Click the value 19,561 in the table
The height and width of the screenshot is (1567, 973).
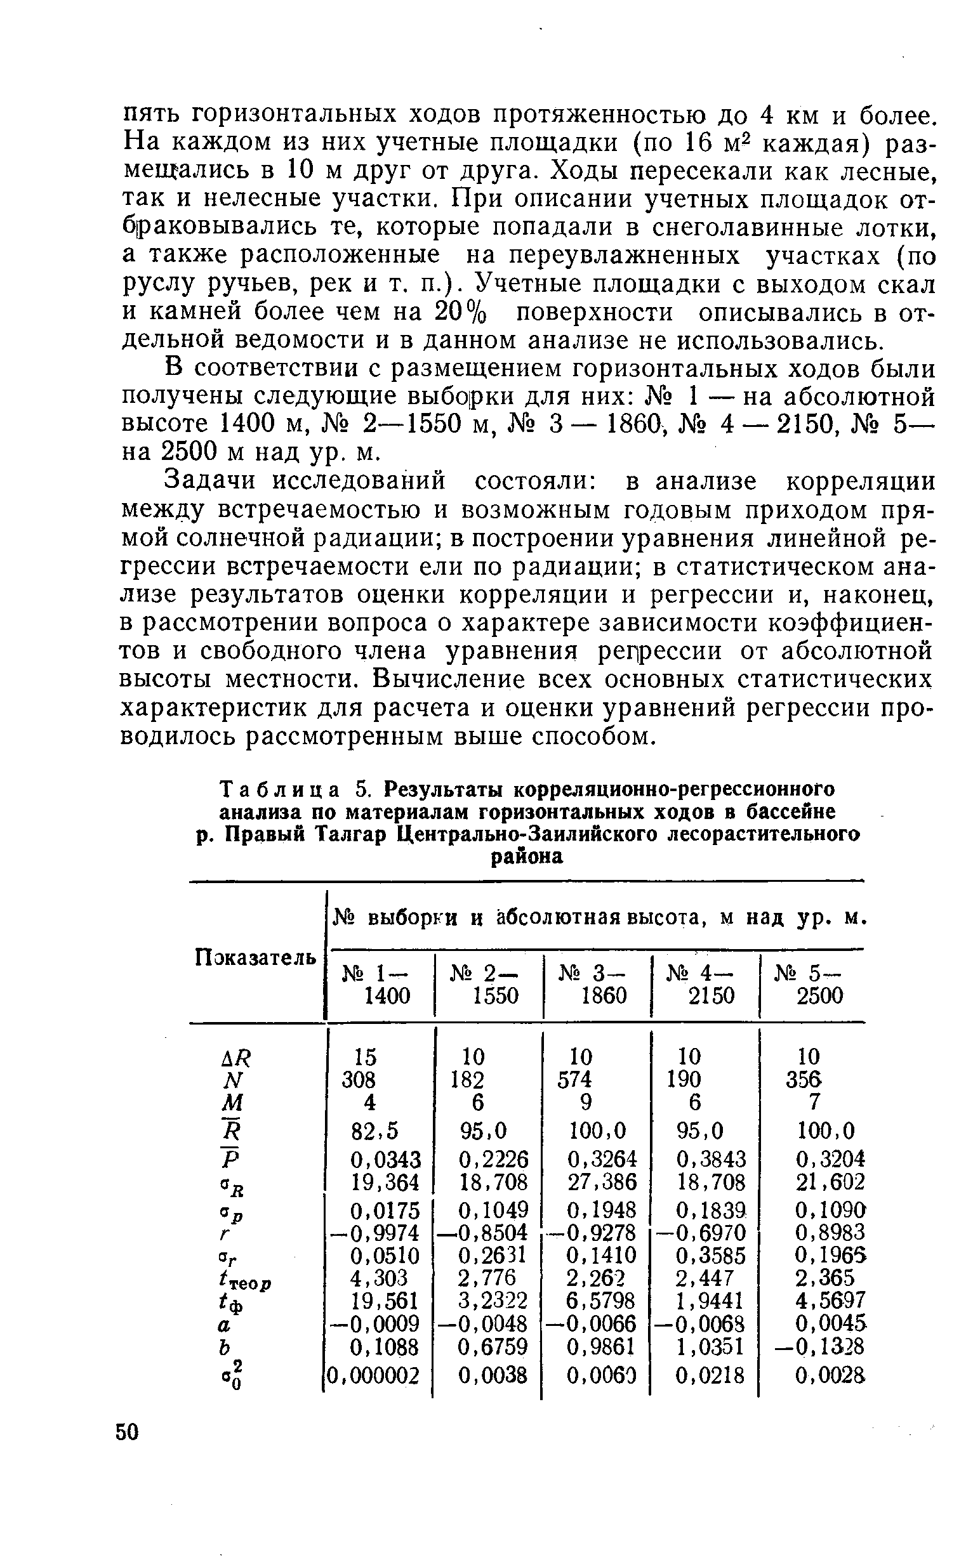coord(385,1301)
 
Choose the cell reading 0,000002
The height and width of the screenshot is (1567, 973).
coord(374,1375)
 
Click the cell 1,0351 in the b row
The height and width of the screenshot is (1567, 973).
coord(711,1346)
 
